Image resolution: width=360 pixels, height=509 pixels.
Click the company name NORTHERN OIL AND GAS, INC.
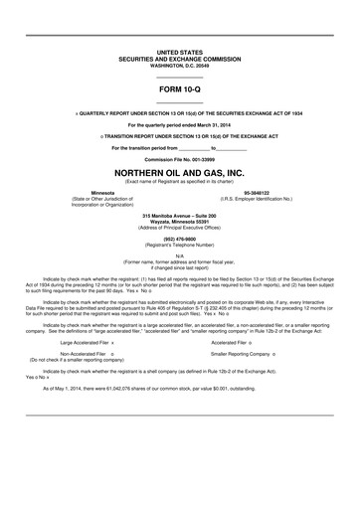coord(179,171)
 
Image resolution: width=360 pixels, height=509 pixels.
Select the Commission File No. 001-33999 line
coord(179,158)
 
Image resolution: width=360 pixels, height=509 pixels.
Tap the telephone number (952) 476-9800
coord(179,239)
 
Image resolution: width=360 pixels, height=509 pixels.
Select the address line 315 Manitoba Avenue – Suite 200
coord(179,215)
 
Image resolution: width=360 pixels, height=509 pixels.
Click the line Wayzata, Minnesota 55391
coord(179,221)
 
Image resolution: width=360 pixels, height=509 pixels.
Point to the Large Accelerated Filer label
coord(86,313)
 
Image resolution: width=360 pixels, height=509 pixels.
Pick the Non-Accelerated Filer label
coord(86,325)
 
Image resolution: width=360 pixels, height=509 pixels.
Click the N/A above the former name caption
coord(179,255)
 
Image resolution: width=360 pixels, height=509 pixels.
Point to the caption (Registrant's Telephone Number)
coord(179,245)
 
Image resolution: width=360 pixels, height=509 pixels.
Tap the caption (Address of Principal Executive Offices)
coord(179,227)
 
